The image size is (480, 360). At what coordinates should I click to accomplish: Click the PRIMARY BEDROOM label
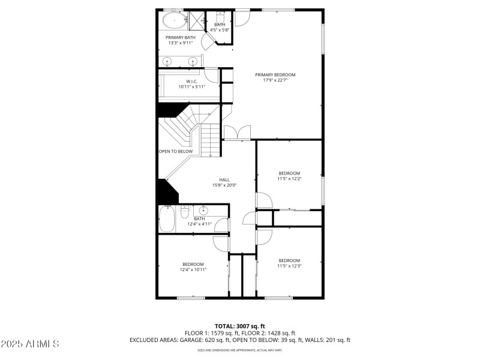275,75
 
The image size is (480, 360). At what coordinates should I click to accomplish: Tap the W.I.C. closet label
191,81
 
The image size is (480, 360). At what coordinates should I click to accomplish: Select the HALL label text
224,180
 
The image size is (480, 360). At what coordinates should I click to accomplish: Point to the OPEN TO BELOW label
175,151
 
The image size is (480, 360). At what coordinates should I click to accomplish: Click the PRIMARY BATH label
180,37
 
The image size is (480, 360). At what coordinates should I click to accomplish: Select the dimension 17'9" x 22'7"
275,81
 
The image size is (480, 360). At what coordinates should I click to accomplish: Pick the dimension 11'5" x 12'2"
289,179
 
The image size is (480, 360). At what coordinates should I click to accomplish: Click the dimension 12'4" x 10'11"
193,270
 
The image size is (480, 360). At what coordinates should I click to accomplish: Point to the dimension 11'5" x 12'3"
289,266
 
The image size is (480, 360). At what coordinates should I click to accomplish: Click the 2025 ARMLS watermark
30,344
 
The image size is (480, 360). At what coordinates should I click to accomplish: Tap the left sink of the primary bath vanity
167,61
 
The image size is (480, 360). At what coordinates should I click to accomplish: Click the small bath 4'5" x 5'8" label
220,27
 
